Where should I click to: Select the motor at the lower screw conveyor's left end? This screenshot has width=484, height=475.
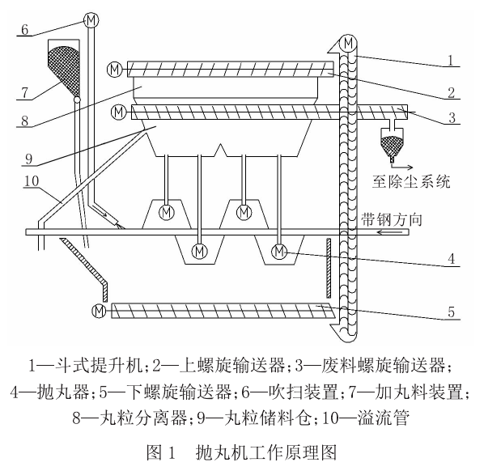pos(100,310)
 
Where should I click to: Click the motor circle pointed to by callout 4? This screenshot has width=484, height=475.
pos(279,252)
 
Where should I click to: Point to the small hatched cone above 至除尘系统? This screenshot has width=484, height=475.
pos(391,146)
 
